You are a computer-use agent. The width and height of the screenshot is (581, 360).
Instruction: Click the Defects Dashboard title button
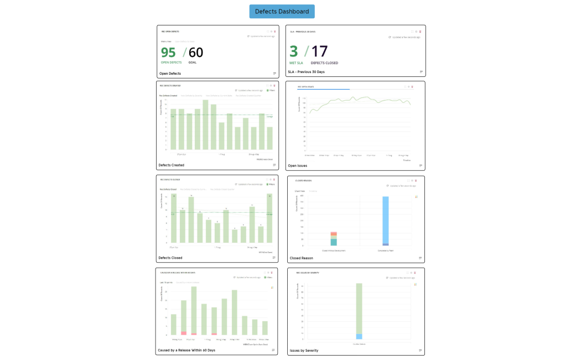[282, 12]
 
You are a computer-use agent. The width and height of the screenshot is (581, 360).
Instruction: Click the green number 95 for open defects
[168, 53]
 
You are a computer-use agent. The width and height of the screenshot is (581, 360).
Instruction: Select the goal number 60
[196, 53]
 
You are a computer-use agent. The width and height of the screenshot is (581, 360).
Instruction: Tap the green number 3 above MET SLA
[293, 51]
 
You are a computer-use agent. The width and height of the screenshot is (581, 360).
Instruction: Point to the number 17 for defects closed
[319, 51]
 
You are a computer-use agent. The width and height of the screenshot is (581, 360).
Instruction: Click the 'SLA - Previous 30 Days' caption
[306, 72]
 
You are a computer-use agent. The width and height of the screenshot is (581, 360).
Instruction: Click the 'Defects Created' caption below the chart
[171, 165]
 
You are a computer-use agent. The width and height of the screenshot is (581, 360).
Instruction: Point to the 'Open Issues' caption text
[297, 165]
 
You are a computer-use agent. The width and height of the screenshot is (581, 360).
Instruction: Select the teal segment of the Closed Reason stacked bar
[334, 242]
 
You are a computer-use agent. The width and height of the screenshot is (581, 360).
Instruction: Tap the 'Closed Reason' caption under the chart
[302, 258]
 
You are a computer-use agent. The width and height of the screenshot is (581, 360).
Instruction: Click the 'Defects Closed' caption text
[170, 258]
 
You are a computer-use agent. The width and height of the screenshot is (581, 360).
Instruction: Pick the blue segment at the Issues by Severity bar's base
[359, 336]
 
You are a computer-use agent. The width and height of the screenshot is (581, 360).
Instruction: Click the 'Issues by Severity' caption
[304, 351]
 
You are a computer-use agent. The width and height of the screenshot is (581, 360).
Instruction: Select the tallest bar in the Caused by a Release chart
[194, 310]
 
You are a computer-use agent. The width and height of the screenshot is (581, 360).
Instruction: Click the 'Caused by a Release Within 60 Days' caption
[186, 350]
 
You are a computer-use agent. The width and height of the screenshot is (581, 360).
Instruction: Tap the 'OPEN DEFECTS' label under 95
[171, 62]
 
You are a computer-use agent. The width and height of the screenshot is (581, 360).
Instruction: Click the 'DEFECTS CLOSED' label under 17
[324, 63]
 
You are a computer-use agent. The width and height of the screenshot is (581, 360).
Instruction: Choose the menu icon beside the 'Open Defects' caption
[274, 73]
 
